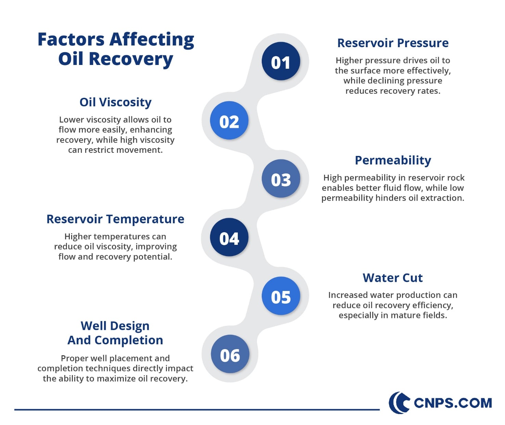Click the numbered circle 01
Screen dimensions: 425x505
point(281,62)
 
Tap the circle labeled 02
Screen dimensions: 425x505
point(229,121)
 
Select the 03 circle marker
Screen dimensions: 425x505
point(281,179)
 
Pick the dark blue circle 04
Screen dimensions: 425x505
point(229,238)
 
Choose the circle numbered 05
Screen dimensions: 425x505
point(281,296)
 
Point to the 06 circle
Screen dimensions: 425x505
point(230,355)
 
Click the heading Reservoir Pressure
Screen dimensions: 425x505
point(393,43)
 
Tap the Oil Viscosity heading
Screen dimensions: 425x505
point(115,102)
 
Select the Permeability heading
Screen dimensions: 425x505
point(393,160)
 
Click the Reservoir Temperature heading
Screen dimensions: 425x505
point(115,219)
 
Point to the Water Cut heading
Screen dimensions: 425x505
point(393,278)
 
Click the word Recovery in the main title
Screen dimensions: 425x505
point(131,59)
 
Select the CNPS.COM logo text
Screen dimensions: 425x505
point(453,403)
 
